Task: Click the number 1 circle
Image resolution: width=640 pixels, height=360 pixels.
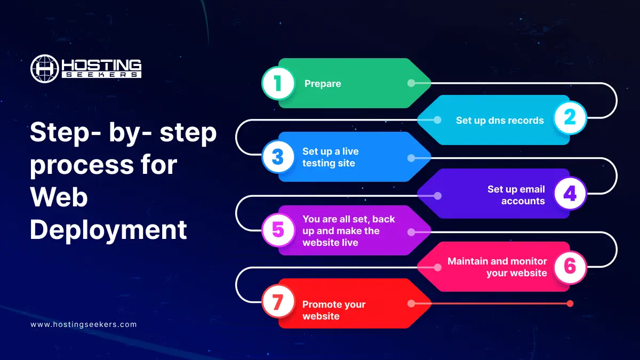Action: pos(278,83)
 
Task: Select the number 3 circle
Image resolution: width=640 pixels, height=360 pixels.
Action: pos(278,157)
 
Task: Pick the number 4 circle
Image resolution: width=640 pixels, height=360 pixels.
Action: pos(570,194)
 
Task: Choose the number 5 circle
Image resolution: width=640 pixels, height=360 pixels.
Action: pos(278,230)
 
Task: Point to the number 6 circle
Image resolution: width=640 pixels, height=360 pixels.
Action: pos(570,267)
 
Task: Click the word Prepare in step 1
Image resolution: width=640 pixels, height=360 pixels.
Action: pos(323,83)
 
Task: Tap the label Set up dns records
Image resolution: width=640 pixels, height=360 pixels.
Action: pos(500,120)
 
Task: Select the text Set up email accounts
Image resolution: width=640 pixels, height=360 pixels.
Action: pos(516,195)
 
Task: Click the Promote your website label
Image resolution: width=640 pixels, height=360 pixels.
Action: pos(334,310)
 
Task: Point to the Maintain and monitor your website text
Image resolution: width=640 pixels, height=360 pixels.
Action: pos(497,267)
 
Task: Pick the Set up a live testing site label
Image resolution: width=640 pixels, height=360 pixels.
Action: pos(330,157)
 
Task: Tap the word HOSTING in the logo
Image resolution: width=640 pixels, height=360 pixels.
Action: pos(102,65)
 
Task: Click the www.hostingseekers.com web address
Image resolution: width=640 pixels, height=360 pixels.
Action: pos(84,324)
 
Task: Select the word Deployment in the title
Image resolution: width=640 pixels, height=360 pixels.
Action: pos(108,230)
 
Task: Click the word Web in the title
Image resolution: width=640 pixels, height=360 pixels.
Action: pos(59,197)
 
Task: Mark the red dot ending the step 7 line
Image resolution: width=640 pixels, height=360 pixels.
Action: pos(570,303)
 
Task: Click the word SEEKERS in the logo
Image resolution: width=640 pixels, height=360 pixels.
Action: pos(102,75)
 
